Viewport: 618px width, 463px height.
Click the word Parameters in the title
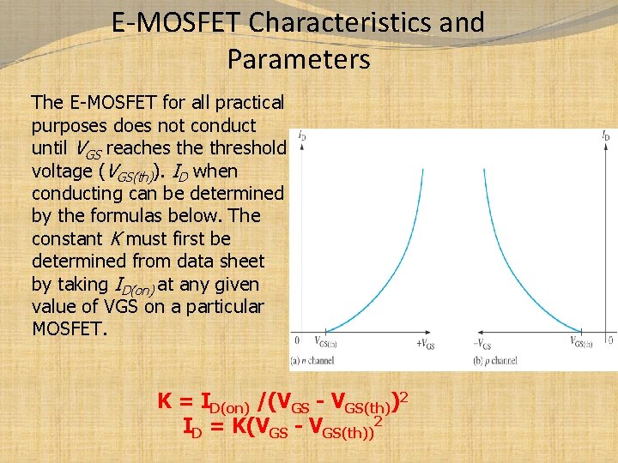coord(299,59)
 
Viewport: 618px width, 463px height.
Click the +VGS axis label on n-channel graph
coord(427,344)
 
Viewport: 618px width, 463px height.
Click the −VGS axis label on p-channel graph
coord(483,344)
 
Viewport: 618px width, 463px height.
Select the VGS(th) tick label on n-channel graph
coord(325,342)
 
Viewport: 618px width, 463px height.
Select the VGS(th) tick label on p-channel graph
coord(583,342)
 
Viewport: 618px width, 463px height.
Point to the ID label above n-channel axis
coord(302,135)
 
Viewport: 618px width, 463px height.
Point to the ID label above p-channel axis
coord(607,135)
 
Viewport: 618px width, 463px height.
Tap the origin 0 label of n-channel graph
coord(297,341)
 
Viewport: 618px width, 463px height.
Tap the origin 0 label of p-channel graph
coord(609,341)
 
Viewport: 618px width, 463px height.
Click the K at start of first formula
coord(165,401)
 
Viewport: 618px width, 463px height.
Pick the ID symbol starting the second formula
coord(193,426)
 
